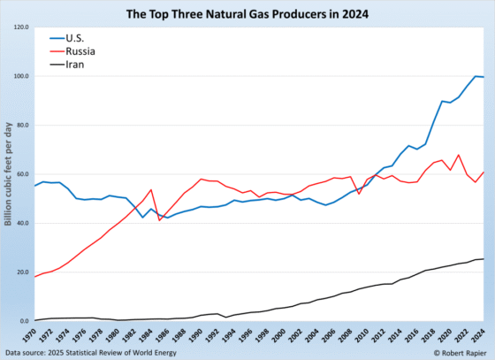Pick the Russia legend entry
point(80,51)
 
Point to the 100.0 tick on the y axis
point(19,76)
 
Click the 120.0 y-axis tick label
point(19,27)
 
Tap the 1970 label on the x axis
point(34,337)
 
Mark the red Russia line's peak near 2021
point(459,155)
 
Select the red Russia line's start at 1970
point(34,277)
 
